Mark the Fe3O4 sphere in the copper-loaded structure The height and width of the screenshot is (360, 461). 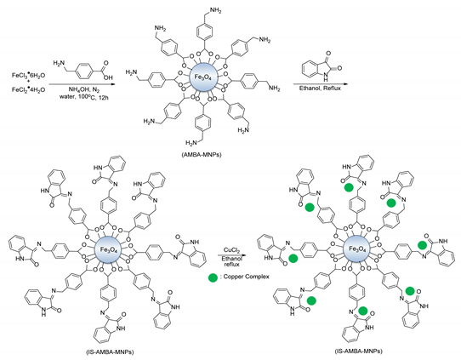tap(362, 250)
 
